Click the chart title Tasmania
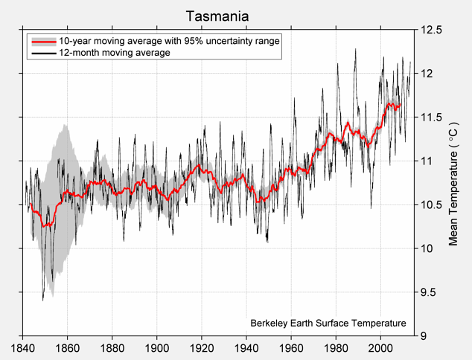coord(217,16)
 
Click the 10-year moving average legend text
coord(169,41)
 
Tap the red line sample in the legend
coord(42,41)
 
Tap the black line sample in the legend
coord(42,53)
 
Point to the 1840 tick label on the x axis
coord(22,347)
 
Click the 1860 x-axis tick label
coord(67,347)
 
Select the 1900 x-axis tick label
coord(157,347)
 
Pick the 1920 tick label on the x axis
coord(202,347)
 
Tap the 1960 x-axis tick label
coord(291,347)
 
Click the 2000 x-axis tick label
coord(380,347)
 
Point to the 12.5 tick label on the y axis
coord(432,30)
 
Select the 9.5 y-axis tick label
coord(429,292)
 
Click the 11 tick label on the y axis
coord(425,161)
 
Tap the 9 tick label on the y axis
coord(422,336)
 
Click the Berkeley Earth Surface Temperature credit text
coord(328,324)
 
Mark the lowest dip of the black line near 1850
coord(43,299)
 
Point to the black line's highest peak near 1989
coord(355,49)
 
